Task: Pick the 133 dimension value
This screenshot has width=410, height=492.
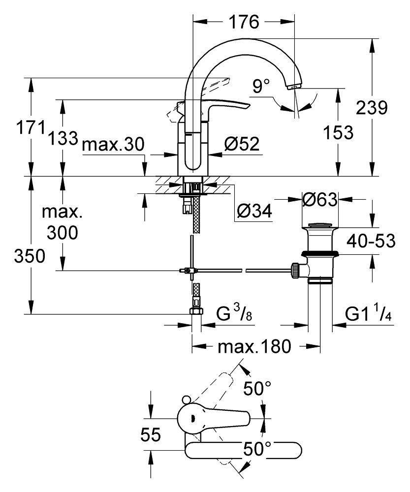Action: [63, 139]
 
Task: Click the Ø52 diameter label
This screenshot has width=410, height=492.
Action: [241, 144]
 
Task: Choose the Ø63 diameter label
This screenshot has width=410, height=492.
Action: [320, 200]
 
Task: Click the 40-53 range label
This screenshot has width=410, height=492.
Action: [371, 242]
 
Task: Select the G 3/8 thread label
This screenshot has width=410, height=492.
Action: [235, 313]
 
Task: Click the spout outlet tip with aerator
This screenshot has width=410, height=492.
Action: [294, 87]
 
